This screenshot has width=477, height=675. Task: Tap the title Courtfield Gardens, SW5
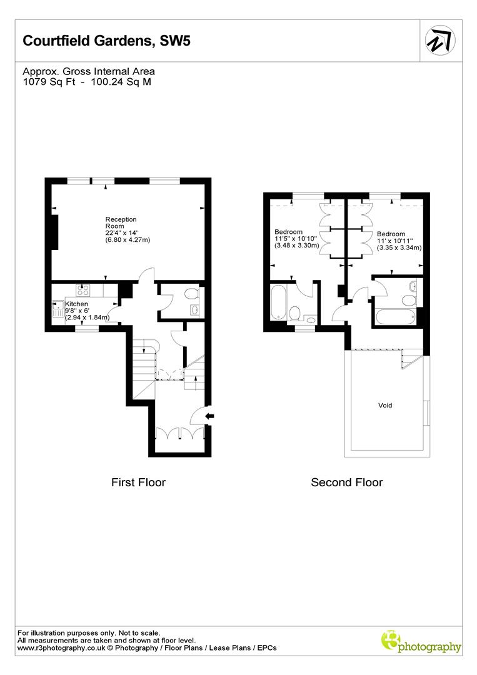pos(106,41)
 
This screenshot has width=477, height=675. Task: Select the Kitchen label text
pos(77,304)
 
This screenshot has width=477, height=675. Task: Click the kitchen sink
pos(58,310)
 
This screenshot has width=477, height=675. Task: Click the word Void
pos(385,406)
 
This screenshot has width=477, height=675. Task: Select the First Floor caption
pos(138,482)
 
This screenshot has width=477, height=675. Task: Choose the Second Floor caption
pos(347,482)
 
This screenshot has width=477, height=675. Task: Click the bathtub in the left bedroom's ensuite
pos(278,302)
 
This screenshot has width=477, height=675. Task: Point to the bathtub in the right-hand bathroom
pos(394,316)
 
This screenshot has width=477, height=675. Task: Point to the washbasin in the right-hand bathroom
pos(412,286)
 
